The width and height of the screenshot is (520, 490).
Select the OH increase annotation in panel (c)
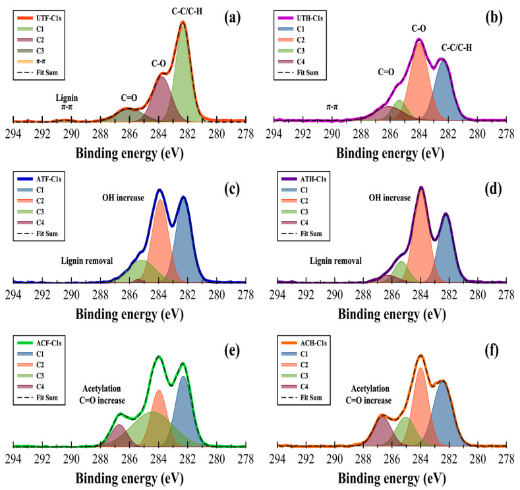(x=123, y=197)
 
